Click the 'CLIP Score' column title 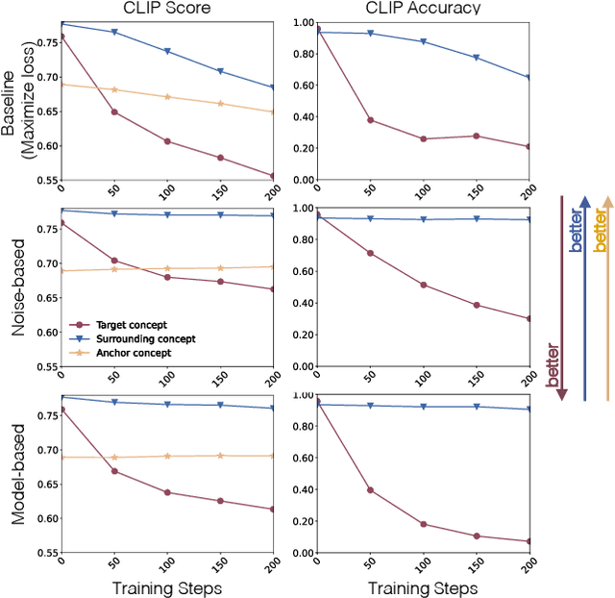[167, 10]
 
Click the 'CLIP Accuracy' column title [422, 10]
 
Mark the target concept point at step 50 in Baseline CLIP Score [114, 112]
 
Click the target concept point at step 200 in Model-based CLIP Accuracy [529, 541]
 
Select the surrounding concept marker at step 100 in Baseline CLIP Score [167, 51]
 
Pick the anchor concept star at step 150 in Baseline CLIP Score [221, 104]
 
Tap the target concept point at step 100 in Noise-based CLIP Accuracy [422, 285]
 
